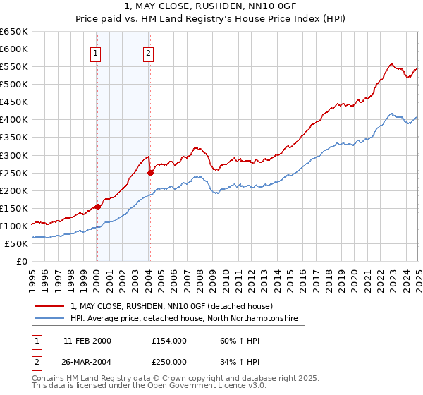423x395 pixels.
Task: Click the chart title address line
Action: click(211, 7)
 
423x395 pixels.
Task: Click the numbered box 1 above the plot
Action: click(95, 51)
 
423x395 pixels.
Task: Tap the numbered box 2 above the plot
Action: click(149, 51)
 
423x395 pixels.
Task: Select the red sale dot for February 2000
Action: click(97, 207)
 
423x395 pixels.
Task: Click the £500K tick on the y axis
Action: click(16, 85)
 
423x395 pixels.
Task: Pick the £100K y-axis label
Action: click(16, 226)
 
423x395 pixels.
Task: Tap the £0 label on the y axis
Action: click(21, 262)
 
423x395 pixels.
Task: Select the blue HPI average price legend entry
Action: click(184, 319)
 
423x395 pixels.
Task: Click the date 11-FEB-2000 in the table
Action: click(87, 341)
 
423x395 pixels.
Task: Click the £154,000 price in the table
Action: click(169, 341)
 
